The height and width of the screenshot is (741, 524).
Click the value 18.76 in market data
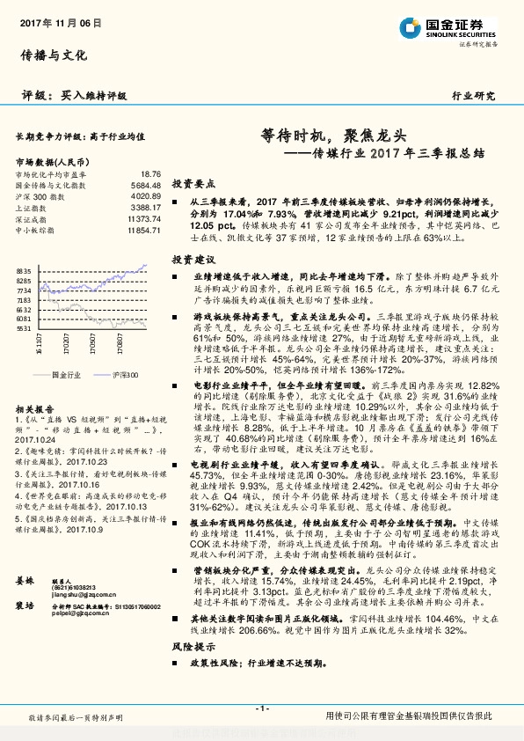tap(151, 174)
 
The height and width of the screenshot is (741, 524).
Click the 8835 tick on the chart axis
tap(25, 271)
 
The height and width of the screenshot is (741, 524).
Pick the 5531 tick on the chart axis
tap(25, 327)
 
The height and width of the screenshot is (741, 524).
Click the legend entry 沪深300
tap(123, 375)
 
